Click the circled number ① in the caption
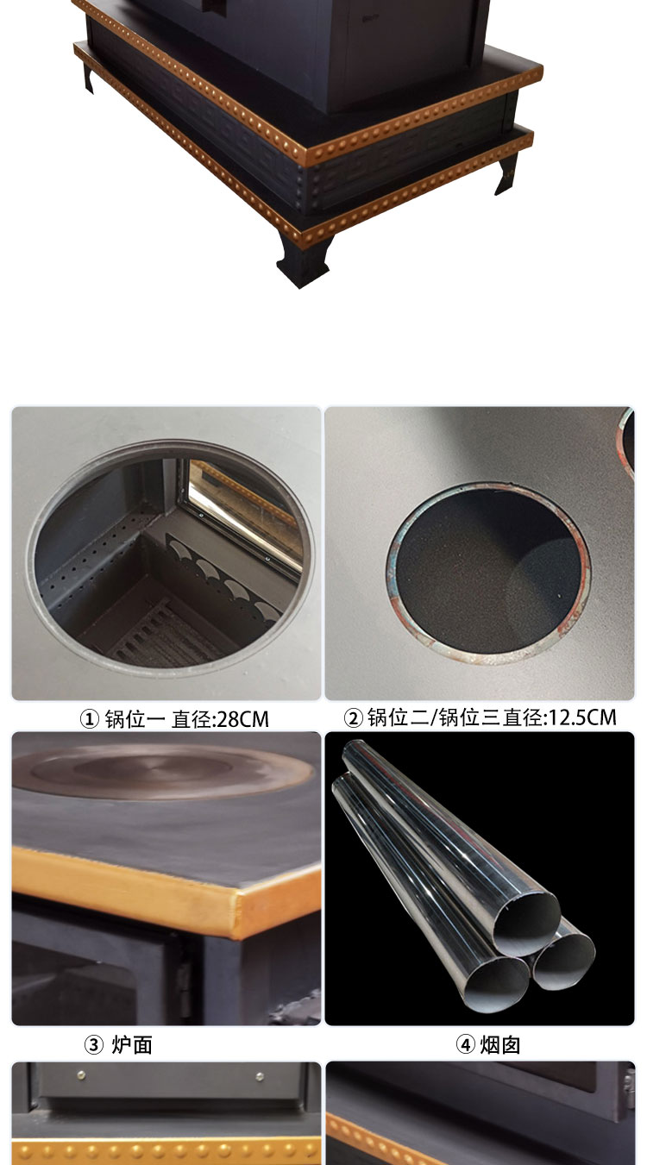90,719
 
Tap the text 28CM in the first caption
245,719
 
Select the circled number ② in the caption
353,717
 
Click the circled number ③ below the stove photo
94,1045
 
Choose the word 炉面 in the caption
132,1045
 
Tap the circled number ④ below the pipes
466,1045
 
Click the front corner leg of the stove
301,260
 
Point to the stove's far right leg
508,173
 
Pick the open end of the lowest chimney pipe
495,979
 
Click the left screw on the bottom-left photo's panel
81,1074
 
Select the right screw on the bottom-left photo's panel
260,1075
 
